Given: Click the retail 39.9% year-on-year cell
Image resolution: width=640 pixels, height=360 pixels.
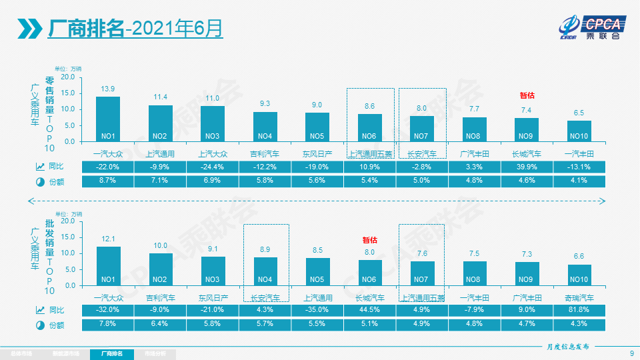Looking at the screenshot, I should pos(526,166).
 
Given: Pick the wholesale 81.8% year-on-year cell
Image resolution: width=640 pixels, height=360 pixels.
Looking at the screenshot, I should pos(579,309).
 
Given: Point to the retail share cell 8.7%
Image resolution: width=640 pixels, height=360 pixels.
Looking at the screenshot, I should pos(108,181).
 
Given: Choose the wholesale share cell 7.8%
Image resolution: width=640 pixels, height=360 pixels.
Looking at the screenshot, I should pos(108,324).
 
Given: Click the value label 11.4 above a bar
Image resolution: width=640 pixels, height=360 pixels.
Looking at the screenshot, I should pos(161,97).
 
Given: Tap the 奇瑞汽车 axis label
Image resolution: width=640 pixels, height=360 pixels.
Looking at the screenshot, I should pos(579,298).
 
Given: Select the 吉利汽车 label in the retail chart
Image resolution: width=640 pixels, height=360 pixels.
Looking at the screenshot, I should pos(265,154).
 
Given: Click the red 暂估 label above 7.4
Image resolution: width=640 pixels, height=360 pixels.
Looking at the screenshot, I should pos(527,96).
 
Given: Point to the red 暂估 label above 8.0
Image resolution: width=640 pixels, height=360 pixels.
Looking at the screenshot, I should pos(369,240).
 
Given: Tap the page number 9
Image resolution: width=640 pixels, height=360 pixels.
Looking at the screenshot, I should pos(631,353).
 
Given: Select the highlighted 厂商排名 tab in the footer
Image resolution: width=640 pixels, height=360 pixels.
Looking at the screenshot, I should pos(111,354).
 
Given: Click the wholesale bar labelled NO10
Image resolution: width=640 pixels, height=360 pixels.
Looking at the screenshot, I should pos(579,275).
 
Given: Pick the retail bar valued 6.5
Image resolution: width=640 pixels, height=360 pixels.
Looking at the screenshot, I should pos(579,131).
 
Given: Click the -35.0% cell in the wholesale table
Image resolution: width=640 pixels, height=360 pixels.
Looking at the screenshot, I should pos(317,309).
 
